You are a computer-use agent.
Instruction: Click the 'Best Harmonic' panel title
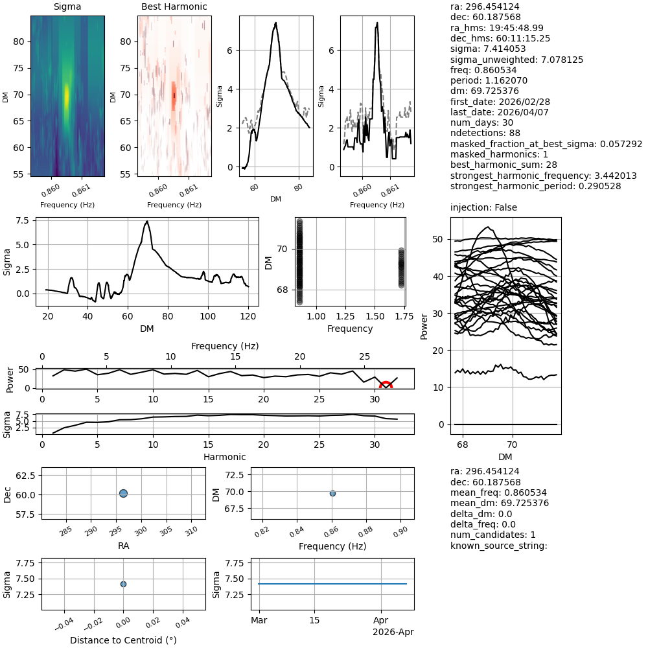click(174, 7)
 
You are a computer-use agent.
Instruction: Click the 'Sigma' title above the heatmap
click(67, 7)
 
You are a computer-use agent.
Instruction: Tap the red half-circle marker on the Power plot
click(386, 386)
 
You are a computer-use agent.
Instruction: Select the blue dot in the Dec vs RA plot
click(123, 493)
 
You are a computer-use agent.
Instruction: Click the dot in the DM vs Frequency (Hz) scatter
click(332, 493)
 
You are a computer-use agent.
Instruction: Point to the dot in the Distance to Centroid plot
click(123, 584)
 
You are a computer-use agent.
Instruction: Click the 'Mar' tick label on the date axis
click(259, 621)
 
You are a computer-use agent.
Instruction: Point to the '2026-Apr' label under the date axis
click(393, 632)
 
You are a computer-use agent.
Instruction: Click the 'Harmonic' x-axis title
click(224, 457)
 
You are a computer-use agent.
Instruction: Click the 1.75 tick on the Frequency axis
click(400, 316)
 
